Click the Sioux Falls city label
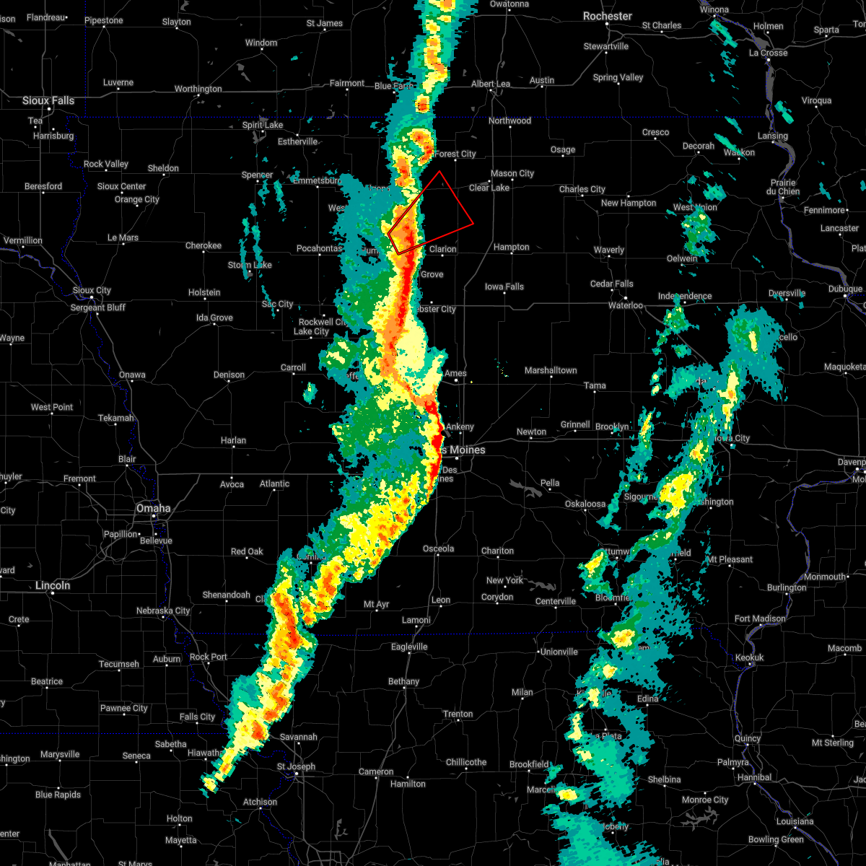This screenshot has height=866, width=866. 48,101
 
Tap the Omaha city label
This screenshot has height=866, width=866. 153,509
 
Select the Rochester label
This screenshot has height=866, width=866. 608,16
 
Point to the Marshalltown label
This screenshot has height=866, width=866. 551,370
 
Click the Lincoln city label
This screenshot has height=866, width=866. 53,585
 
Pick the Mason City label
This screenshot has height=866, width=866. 512,173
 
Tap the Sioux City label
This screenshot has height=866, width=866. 92,290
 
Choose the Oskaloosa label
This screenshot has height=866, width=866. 585,504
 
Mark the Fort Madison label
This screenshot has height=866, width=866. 760,618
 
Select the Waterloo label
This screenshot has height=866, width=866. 626,305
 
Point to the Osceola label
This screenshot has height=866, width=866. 438,548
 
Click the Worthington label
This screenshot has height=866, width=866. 198,89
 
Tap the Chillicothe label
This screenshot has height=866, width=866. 466,762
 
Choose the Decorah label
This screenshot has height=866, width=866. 698,146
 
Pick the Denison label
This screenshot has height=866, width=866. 229,375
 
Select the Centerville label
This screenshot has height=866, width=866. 556,601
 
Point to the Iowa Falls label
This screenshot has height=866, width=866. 504,287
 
